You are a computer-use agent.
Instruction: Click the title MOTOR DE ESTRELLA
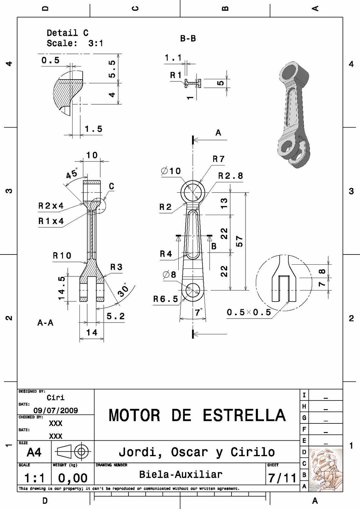coord(197,415)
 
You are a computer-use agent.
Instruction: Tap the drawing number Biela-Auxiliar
coord(181,475)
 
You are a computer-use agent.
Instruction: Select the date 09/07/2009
coord(56,410)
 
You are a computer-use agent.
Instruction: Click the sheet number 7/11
coord(282,478)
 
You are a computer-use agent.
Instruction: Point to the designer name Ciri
coord(56,398)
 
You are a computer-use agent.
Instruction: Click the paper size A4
coord(34,452)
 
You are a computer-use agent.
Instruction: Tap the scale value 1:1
coord(34,478)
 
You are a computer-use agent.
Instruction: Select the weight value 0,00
coord(73,478)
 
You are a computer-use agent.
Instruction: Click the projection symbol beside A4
coord(73,451)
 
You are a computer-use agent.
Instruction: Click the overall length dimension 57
coord(239,241)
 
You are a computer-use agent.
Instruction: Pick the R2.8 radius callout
coord(230,176)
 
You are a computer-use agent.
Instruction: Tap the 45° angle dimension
coord(72,174)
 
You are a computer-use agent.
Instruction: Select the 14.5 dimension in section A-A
coord(61,288)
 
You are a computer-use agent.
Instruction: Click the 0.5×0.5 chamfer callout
coord(249,312)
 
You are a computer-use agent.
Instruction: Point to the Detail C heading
coord(67,33)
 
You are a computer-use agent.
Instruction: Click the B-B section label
coord(188,39)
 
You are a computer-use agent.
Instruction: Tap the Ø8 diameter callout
coord(169,274)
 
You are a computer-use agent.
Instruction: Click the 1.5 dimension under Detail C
coord(93,129)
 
